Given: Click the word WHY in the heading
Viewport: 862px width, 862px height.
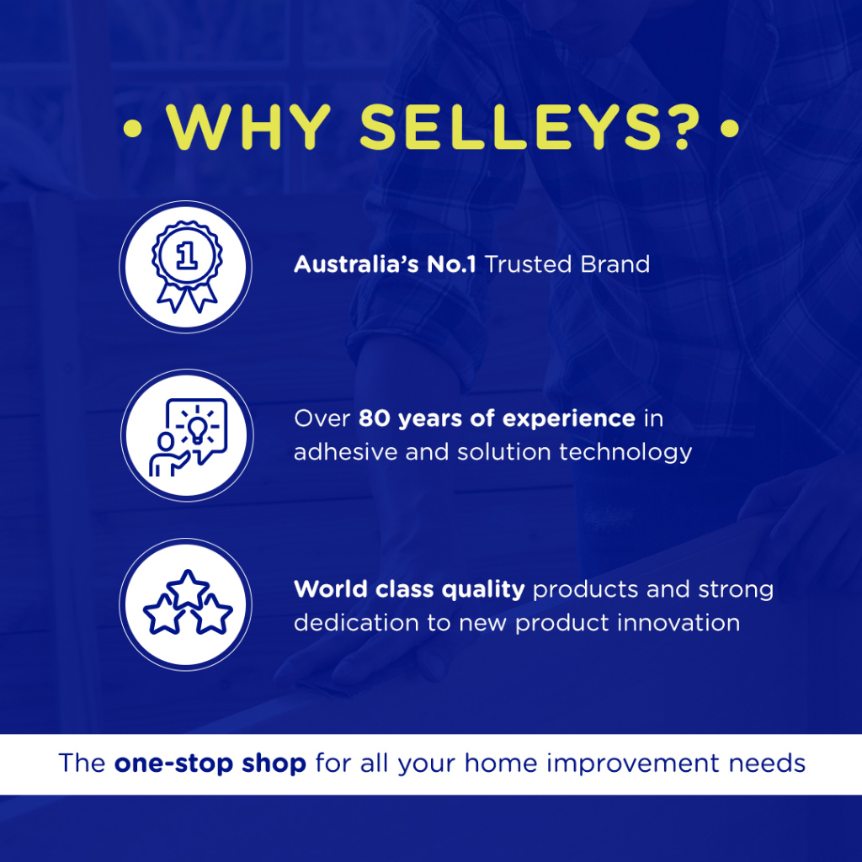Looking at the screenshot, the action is tap(248, 128).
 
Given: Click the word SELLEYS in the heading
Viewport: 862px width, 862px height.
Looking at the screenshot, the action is tap(511, 128).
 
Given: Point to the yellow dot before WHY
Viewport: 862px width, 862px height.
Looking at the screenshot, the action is tap(132, 129).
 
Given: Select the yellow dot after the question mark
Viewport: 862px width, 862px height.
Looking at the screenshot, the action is tap(730, 129).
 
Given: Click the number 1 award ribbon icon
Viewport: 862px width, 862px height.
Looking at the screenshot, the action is tap(187, 267).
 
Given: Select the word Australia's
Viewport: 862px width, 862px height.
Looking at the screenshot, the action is tap(356, 264).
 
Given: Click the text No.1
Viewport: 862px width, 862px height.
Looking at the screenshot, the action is tap(451, 264).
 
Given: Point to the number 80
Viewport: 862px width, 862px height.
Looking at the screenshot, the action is tap(375, 419).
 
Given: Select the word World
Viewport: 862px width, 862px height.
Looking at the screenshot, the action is tap(331, 589).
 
